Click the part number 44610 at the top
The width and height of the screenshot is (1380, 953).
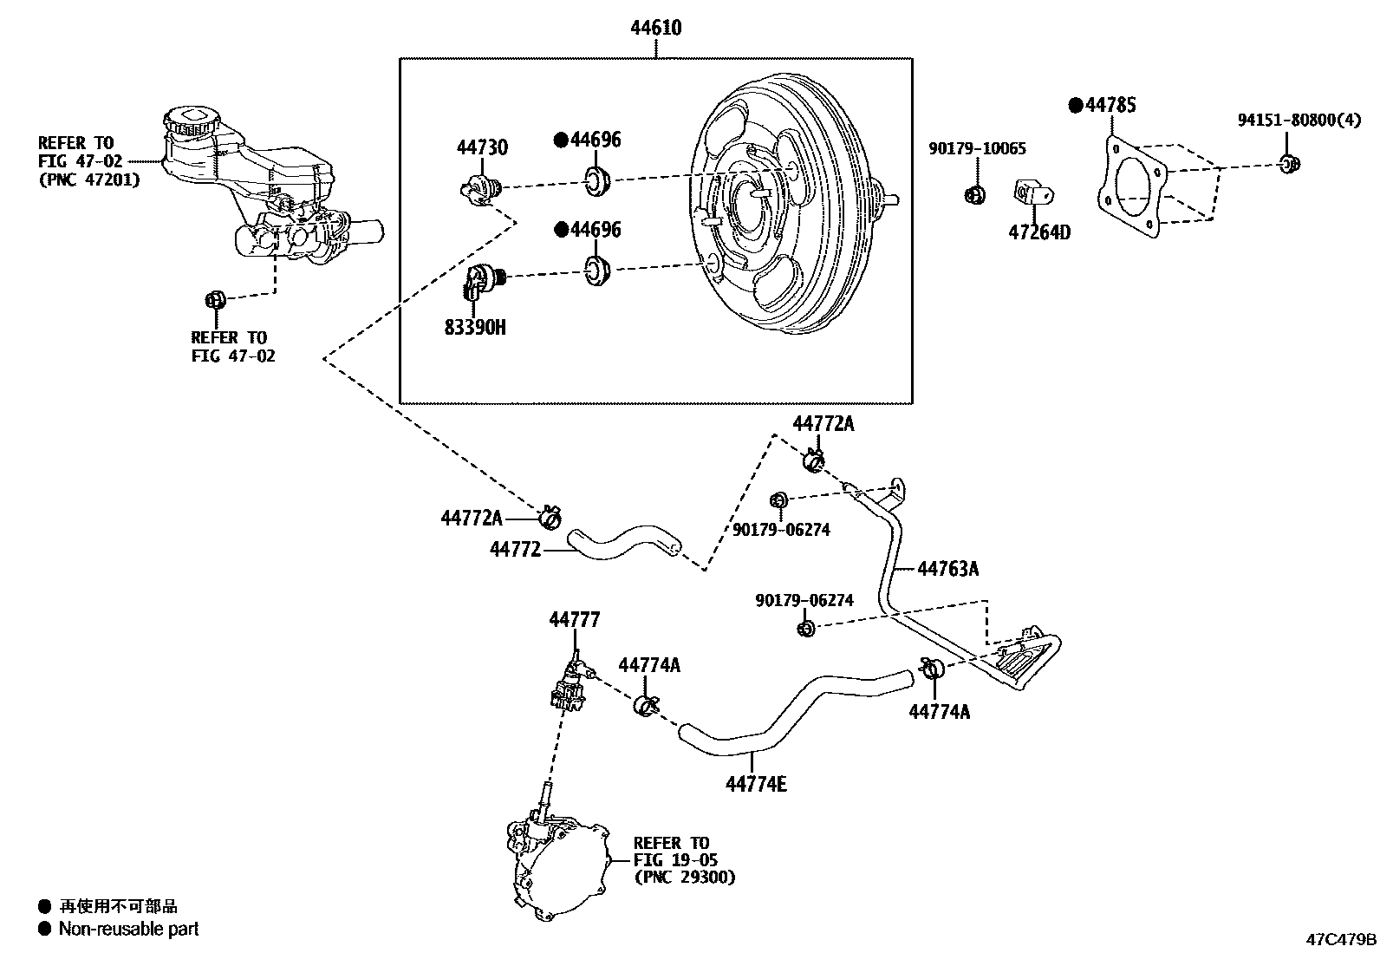click(x=655, y=28)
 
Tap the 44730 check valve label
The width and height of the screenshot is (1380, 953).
click(x=482, y=147)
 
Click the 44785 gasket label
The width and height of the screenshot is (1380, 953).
click(x=1110, y=105)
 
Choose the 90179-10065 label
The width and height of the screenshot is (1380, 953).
click(x=977, y=149)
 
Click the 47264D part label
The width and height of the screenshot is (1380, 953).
click(x=1038, y=232)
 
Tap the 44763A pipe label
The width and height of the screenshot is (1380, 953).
click(x=947, y=569)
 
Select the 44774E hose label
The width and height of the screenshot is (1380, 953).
click(x=756, y=785)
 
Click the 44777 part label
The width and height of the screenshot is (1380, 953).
click(x=574, y=619)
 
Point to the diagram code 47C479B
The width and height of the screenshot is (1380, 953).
click(x=1341, y=939)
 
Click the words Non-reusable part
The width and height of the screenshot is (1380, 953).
click(x=128, y=929)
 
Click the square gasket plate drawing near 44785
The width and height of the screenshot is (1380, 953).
click(x=1129, y=187)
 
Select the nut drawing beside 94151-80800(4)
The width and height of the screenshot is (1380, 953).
click(x=1289, y=162)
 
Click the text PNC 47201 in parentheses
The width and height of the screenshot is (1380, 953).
click(x=88, y=180)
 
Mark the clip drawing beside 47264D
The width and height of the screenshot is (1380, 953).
click(x=1030, y=194)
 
